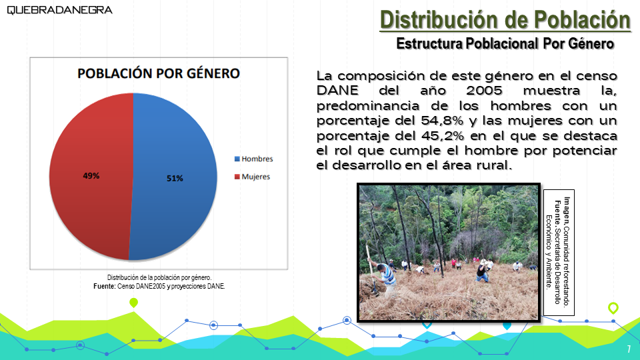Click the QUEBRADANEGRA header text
59,10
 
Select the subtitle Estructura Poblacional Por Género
505,44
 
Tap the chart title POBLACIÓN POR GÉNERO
159,73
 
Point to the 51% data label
175,179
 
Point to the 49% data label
91,176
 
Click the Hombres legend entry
253,159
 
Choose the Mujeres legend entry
252,177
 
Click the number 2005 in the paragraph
484,91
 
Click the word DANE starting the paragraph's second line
337,91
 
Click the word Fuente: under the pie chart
105,286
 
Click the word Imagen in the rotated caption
567,210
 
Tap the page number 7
629,349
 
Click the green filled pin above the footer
133,303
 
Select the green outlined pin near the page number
613,308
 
